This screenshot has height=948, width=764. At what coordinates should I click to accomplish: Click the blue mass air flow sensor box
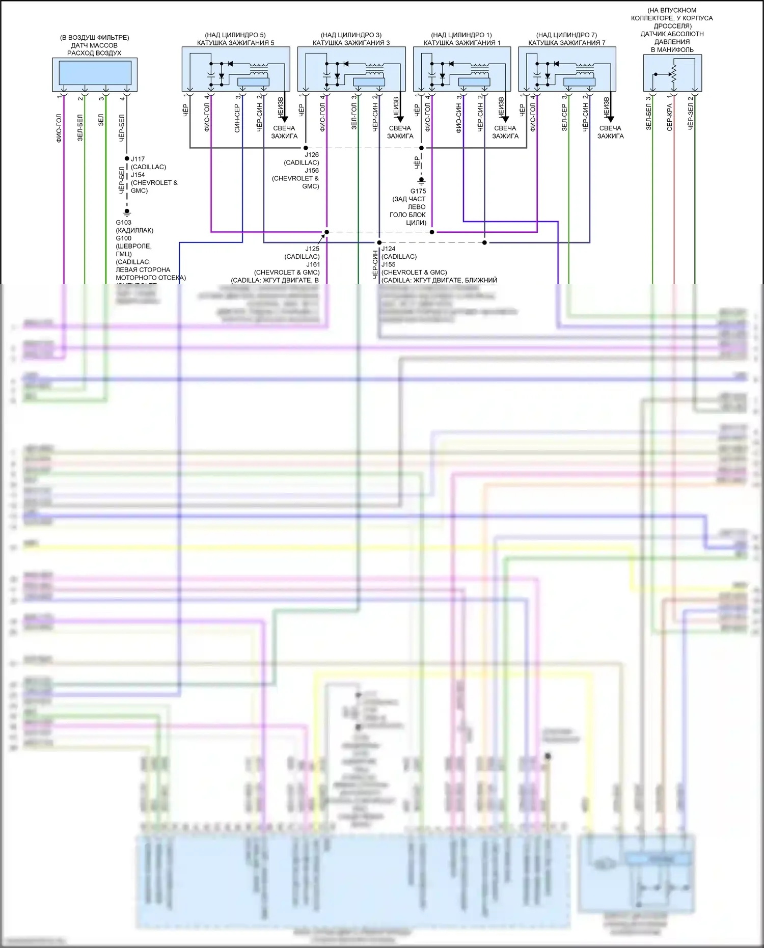pos(95,73)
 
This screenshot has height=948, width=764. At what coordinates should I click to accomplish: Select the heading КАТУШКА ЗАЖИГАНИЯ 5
pos(235,43)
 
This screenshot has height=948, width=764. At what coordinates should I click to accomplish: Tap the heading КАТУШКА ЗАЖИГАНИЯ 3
pos(351,43)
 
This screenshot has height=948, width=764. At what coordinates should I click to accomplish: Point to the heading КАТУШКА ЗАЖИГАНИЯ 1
pos(461,43)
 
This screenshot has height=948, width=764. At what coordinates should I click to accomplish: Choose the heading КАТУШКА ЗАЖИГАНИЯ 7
pos(566,43)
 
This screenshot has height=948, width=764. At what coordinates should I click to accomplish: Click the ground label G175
pos(418,191)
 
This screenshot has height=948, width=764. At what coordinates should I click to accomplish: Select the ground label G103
pos(123,223)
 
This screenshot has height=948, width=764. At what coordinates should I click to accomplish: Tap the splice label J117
pos(138,159)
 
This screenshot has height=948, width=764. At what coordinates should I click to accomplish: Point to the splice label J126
pos(312,155)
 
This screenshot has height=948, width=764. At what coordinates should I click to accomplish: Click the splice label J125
pos(312,249)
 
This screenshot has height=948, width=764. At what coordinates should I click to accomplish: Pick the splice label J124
pos(389,249)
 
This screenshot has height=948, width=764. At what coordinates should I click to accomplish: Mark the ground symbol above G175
pos(421,180)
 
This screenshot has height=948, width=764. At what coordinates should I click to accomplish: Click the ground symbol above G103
pos(127,212)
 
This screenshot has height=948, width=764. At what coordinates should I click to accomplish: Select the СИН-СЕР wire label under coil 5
pos(237,118)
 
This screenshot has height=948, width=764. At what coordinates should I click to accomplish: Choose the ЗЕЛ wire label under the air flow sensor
pos(101,120)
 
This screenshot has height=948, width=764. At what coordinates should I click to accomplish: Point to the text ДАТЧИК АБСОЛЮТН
pos(672,34)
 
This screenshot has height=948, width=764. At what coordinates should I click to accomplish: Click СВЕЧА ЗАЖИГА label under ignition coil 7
pos(610,132)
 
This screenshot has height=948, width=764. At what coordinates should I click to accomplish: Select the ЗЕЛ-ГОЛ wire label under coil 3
pos(354,116)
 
